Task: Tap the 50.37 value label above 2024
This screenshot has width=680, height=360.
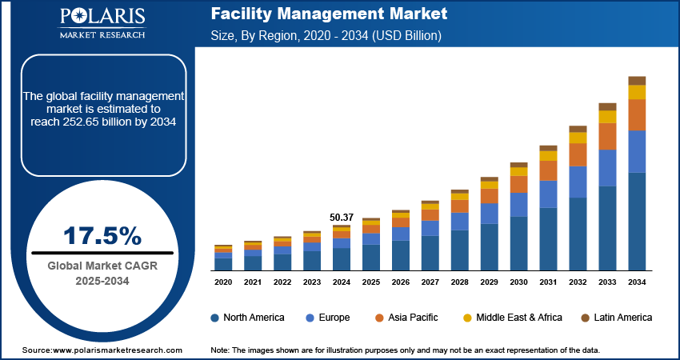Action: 342,217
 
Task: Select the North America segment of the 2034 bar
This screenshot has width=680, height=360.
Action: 637,221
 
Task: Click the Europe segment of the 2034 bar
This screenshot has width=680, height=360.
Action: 637,151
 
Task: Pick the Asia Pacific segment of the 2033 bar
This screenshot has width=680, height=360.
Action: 607,136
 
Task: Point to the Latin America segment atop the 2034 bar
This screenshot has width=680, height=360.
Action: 637,80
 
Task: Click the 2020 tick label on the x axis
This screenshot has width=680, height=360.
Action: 223,282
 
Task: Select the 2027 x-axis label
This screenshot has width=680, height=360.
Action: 430,282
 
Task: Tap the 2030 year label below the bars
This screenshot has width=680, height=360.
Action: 518,282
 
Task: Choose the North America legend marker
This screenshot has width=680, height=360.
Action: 215,318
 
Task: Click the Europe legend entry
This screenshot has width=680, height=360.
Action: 329,318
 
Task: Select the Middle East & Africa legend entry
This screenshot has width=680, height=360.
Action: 518,318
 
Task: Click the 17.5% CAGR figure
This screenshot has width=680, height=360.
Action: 102,236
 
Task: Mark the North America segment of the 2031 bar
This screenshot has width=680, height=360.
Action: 548,238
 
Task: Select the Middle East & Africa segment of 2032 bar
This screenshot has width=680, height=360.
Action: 578,138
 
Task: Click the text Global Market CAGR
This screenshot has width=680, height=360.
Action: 102,266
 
